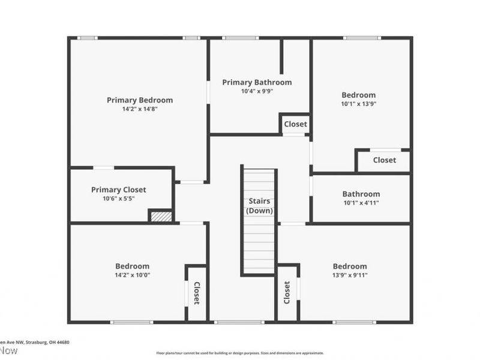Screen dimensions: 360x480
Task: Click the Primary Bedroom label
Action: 140,100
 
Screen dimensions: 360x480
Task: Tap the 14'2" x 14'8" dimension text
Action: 140,109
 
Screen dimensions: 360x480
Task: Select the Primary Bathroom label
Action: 257,82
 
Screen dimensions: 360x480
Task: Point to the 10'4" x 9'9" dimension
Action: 257,92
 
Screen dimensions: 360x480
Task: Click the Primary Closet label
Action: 119,190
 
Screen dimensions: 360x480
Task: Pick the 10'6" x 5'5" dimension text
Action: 119,199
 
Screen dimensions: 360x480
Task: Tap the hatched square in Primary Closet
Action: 160,216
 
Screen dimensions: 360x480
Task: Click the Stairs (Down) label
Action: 259,206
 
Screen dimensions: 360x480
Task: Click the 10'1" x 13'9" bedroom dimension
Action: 359,104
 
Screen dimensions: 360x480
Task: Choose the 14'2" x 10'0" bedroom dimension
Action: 133,275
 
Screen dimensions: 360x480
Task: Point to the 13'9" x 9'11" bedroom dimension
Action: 350,275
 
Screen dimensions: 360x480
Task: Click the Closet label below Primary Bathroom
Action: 295,124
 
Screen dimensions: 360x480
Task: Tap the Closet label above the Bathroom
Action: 384,160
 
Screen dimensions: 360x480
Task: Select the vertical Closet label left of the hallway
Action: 196,293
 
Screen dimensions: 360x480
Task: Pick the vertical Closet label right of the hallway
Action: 287,292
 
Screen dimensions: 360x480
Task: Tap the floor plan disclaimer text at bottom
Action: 240,353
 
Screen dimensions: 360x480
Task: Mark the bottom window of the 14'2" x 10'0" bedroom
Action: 131,322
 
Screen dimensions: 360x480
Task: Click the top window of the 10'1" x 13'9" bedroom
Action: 361,38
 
